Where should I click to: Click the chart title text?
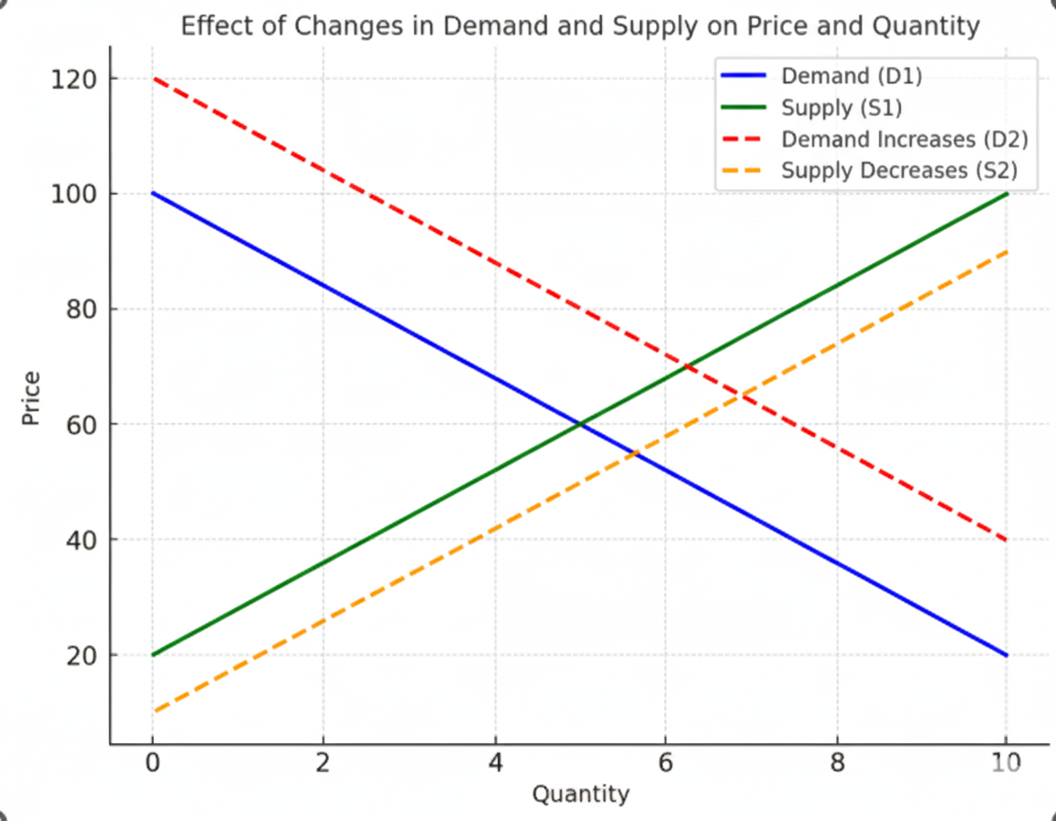(580, 26)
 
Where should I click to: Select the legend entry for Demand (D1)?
(851, 75)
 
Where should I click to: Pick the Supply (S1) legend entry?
(841, 108)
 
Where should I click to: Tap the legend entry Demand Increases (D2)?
(904, 139)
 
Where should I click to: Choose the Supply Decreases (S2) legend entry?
(899, 170)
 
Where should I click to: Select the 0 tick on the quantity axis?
(152, 764)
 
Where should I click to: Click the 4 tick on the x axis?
(495, 764)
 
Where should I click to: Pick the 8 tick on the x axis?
(836, 764)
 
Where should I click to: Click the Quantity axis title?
(580, 794)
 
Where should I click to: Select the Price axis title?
(31, 398)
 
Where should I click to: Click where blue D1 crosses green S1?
(579, 424)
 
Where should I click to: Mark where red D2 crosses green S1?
(687, 367)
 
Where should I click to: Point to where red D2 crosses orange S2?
(740, 395)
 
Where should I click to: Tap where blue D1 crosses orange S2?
(632, 453)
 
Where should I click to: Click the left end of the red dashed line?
(153, 79)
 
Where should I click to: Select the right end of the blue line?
(1006, 655)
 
